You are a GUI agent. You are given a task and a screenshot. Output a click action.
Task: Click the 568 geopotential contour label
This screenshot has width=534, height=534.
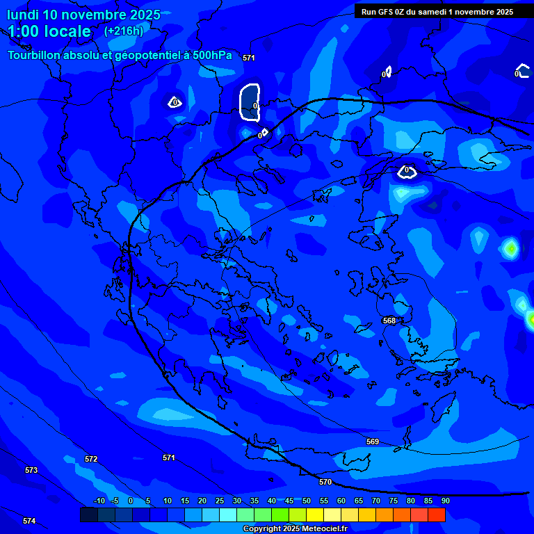tap(389, 321)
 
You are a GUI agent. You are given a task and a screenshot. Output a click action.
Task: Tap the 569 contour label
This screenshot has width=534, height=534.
tap(373, 442)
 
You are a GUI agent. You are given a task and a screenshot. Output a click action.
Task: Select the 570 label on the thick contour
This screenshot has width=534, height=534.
tap(325, 482)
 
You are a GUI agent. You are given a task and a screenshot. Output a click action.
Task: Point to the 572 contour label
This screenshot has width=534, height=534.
tap(91, 459)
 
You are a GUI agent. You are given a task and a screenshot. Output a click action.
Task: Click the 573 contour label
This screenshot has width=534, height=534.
tap(31, 470)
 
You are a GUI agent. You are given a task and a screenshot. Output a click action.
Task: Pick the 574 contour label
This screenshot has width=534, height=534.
tap(29, 521)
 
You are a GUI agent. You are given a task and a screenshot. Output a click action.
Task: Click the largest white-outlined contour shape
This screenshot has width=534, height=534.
tap(250, 101)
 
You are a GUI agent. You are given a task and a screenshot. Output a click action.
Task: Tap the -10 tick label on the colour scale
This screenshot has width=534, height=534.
tap(99, 501)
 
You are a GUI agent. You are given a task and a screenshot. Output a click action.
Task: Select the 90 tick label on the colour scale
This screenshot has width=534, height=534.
tap(445, 501)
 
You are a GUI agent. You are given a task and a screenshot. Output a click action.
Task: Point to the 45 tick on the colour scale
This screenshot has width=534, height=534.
tap(289, 501)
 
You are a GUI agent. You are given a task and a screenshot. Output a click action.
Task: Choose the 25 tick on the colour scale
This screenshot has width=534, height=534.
tap(219, 501)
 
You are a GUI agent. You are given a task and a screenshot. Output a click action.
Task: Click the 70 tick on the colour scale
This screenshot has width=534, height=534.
tap(375, 501)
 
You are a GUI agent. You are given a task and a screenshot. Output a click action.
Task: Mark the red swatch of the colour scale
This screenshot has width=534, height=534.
tap(436, 515)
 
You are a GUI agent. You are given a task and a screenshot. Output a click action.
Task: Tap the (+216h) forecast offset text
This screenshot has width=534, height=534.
tap(123, 31)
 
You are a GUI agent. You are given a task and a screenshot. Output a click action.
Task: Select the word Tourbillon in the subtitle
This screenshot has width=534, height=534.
tap(34, 55)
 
